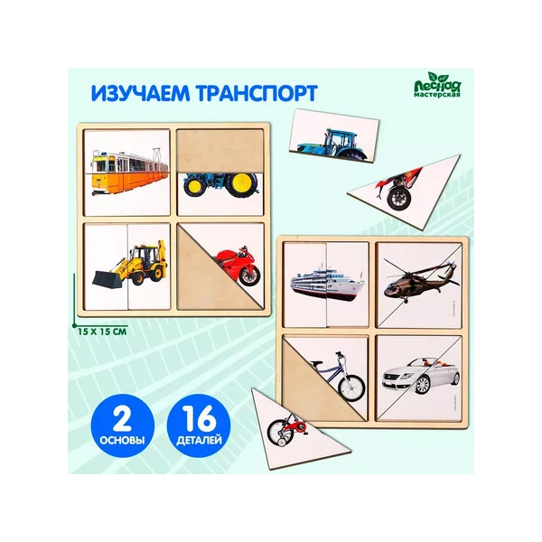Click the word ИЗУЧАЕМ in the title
pyautogui.click(x=141, y=93)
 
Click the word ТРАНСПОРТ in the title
pyautogui.click(x=257, y=93)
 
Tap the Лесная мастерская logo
pyautogui.click(x=437, y=85)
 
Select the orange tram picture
pyautogui.click(x=129, y=172)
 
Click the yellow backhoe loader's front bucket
pyautogui.click(x=107, y=279)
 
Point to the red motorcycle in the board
pyautogui.click(x=238, y=264)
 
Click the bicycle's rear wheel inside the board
pyautogui.click(x=351, y=388)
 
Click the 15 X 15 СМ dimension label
pyautogui.click(x=102, y=332)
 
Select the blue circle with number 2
pyautogui.click(x=123, y=425)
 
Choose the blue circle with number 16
pyautogui.click(x=199, y=425)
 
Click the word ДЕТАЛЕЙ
pyautogui.click(x=199, y=441)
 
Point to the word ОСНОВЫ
pyautogui.click(x=123, y=441)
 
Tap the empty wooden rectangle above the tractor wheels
pyautogui.click(x=220, y=150)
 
